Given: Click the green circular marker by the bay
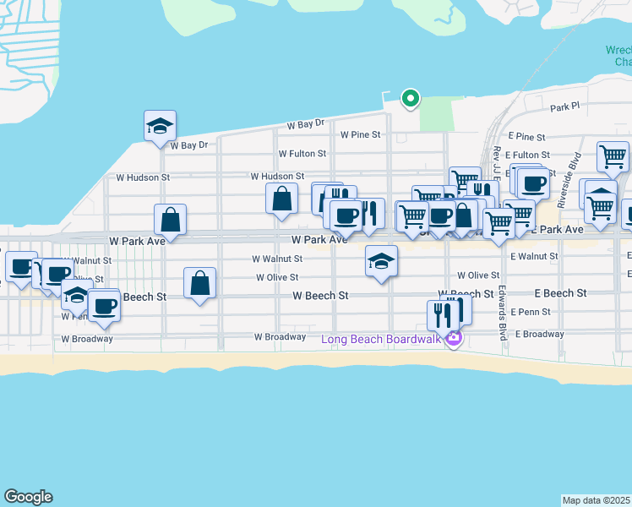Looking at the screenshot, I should tap(410, 99).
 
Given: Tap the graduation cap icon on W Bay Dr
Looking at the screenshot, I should tap(160, 127).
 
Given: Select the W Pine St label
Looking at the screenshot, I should tap(361, 134).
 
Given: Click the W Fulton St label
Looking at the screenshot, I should tap(302, 154).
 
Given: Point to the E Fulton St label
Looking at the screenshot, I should tap(528, 155).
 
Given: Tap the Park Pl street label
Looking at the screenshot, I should tap(565, 107).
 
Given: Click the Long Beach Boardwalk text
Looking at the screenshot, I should tap(382, 340).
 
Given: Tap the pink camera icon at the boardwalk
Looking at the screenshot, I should tap(454, 340).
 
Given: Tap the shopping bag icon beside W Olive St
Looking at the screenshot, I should tap(199, 284).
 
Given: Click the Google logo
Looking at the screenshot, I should tap(28, 497).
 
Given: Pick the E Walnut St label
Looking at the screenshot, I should tap(533, 256).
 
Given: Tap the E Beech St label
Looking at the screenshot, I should tap(560, 293).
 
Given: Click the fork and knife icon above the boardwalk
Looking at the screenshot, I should tap(442, 315).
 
